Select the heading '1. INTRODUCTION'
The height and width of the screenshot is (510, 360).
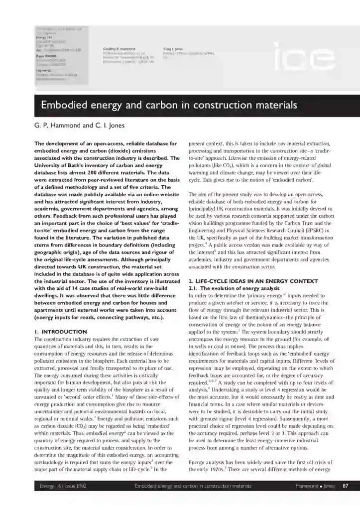click(58, 331)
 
